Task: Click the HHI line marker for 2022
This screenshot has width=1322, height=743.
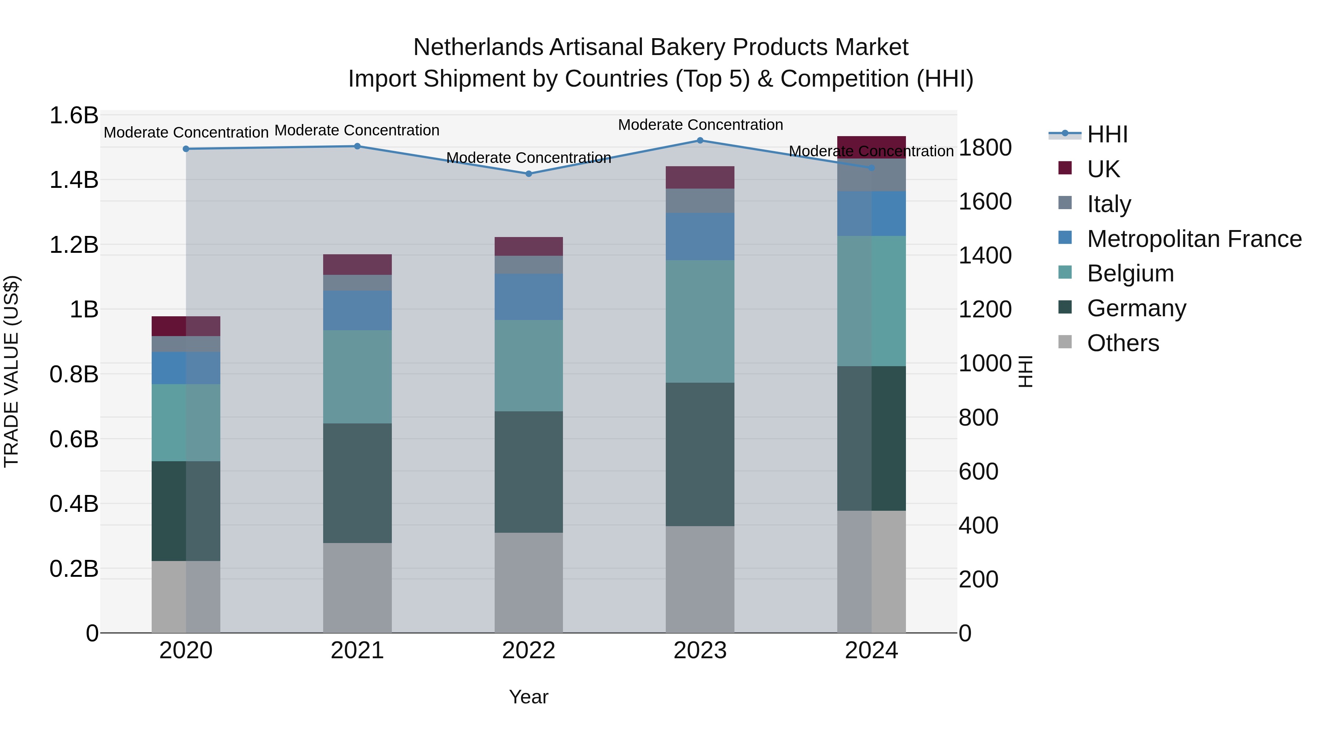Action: tap(528, 174)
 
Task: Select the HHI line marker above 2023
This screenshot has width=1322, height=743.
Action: tap(700, 141)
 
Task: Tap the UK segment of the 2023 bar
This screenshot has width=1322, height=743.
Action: tap(700, 178)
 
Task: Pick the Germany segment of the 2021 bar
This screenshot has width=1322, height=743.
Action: tap(357, 483)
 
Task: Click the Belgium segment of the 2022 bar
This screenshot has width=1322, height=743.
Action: tap(528, 365)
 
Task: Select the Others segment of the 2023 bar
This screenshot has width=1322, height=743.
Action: tap(700, 579)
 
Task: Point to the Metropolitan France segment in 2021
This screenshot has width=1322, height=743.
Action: tap(357, 310)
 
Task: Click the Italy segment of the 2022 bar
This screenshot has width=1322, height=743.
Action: tap(528, 265)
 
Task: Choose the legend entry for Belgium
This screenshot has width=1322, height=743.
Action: tap(1130, 273)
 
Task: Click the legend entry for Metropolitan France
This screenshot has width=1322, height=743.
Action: tap(1194, 238)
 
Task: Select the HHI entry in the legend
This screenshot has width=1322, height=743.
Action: tap(1107, 134)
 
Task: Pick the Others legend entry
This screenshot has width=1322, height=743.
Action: tap(1123, 343)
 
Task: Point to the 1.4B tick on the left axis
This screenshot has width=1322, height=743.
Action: tap(74, 180)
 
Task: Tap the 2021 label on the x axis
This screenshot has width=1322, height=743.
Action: tap(357, 651)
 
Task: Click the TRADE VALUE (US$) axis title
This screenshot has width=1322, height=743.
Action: tap(11, 371)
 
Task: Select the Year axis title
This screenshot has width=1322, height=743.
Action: tap(528, 697)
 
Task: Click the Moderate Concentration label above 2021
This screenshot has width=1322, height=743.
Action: tap(357, 130)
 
